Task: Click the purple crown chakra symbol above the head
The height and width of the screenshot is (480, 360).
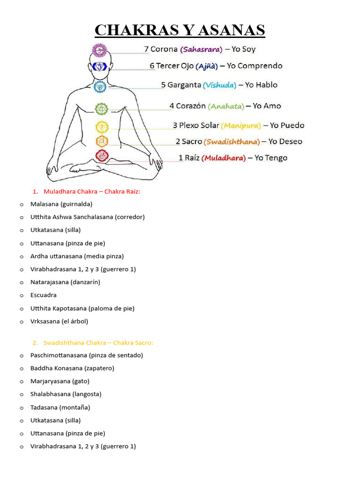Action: point(99,49)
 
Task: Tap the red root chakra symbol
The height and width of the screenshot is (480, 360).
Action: point(102,156)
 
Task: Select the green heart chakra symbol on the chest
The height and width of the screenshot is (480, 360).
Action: point(102,109)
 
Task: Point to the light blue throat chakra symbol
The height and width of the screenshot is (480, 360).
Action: point(100,86)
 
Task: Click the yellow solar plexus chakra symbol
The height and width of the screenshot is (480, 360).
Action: point(102,127)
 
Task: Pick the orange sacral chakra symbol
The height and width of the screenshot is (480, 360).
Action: point(102,141)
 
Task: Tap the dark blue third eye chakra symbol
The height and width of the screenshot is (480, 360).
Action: point(100,67)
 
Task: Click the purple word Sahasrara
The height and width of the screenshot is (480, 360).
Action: point(201,49)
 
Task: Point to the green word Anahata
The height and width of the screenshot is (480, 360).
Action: point(226,106)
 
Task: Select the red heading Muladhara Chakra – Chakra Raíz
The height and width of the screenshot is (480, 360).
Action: point(92,191)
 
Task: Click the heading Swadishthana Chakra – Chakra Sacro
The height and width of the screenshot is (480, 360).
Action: point(98,343)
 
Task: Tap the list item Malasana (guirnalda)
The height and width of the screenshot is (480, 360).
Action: point(61,204)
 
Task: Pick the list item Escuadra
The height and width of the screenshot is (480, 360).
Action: point(44,295)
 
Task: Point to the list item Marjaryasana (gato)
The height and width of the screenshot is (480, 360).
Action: point(60,381)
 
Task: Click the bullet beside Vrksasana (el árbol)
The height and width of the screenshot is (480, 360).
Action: point(22,322)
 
